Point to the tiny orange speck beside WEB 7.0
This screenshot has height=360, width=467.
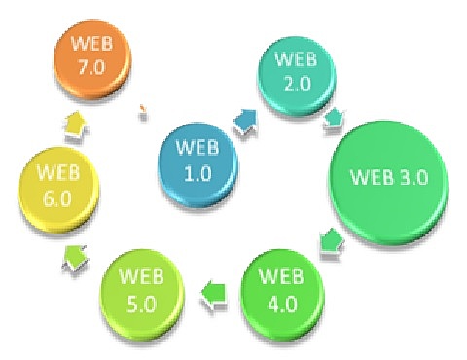pyautogui.click(x=143, y=107)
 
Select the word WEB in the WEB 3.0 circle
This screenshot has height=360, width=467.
pyautogui.click(x=376, y=181)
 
